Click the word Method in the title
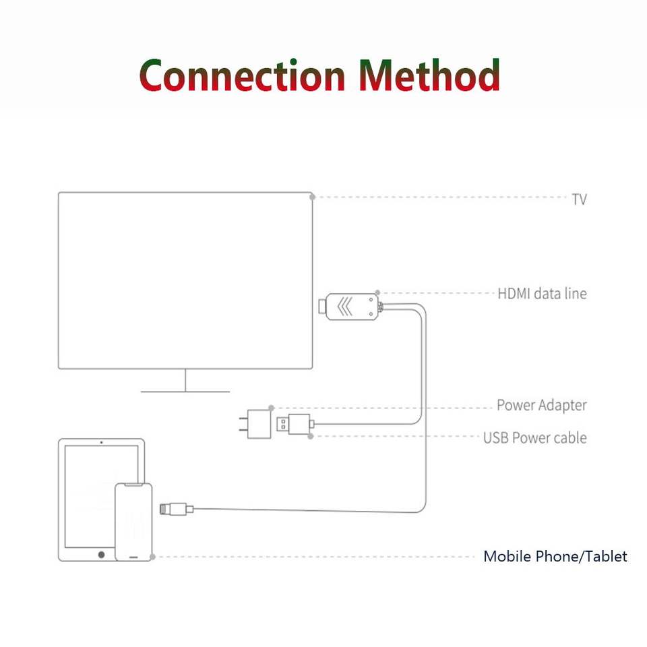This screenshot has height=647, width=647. (430, 75)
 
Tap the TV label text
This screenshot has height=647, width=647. (579, 199)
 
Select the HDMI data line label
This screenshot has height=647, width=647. (542, 294)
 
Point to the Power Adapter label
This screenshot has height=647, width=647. (542, 406)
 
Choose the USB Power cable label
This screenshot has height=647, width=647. (534, 438)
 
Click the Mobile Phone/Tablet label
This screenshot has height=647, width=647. (555, 557)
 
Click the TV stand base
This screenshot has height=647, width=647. (185, 390)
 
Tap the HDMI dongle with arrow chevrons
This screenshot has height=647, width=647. (350, 307)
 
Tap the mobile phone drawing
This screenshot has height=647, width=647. (133, 522)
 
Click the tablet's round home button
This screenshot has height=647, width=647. (102, 554)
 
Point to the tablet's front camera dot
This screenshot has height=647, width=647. (101, 443)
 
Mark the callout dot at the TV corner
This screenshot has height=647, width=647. (312, 197)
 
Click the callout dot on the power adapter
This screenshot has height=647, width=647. (271, 408)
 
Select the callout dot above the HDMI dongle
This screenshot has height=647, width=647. (377, 293)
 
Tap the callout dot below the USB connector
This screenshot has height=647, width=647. (310, 437)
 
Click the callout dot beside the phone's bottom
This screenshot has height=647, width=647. (153, 557)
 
